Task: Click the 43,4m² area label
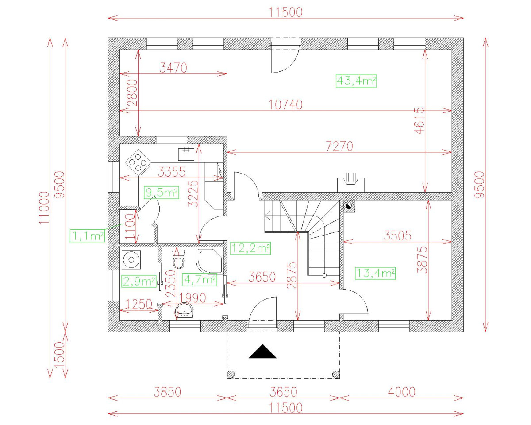tap(356, 81)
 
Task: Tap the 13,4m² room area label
tap(375, 274)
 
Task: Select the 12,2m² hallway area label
tap(250, 248)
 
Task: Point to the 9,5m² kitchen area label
tap(162, 193)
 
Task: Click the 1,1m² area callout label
tap(87, 236)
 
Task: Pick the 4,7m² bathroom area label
tap(200, 279)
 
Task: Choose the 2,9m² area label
tap(139, 281)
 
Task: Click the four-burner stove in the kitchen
tap(138, 162)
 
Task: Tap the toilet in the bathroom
tap(179, 259)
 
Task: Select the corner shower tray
tap(209, 261)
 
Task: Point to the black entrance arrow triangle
tap(262, 351)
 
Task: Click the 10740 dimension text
tap(285, 105)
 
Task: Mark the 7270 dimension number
tap(339, 146)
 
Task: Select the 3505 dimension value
tap(397, 236)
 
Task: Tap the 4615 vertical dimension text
tap(419, 120)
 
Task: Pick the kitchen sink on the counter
tap(186, 154)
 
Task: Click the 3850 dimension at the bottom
tap(168, 392)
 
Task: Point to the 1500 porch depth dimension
tap(59, 355)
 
